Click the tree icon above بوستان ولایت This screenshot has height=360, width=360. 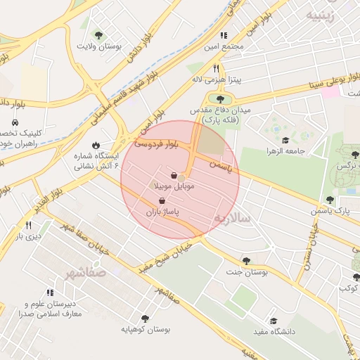click(98, 34)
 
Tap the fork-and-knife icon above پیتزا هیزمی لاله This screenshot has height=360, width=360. click(217, 68)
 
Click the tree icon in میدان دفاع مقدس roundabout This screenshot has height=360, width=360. click(221, 99)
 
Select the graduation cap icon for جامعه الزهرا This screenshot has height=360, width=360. click(285, 140)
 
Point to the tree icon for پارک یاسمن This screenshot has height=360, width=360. click(330, 200)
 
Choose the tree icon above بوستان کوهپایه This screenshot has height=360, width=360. click(145, 318)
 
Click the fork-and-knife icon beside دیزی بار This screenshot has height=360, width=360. click(28, 225)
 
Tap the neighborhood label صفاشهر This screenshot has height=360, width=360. click(89, 271)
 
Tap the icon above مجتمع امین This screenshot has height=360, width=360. click(224, 35)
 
